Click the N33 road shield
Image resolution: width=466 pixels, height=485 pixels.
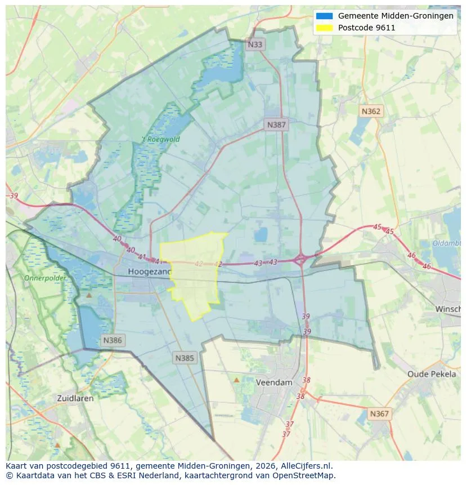[x=255, y=45]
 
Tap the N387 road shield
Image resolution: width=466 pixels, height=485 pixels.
[x=276, y=125]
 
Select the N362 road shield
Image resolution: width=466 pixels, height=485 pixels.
[x=371, y=111]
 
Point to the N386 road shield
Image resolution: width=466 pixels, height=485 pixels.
[x=113, y=340]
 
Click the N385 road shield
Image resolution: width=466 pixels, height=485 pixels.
[x=185, y=358]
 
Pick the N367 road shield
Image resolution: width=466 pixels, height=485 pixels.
[x=379, y=413]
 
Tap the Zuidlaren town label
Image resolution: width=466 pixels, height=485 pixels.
[x=75, y=398]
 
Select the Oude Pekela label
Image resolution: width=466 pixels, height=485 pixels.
[x=432, y=374]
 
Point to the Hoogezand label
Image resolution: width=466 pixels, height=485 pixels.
[x=149, y=272]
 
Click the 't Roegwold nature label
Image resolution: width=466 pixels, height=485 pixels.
[x=160, y=139]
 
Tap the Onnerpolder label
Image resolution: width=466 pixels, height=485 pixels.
[x=45, y=278]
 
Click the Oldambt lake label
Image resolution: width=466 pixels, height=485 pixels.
[x=447, y=243]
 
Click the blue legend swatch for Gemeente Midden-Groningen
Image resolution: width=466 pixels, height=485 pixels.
[x=325, y=16]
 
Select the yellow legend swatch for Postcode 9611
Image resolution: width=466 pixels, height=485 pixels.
[x=325, y=28]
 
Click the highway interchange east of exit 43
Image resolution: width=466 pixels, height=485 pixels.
[x=301, y=260]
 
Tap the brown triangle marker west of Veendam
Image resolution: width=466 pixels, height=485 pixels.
[x=236, y=380]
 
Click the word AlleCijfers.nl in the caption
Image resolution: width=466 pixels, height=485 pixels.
[x=308, y=466]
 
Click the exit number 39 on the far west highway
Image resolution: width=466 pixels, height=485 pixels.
[x=14, y=195]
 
